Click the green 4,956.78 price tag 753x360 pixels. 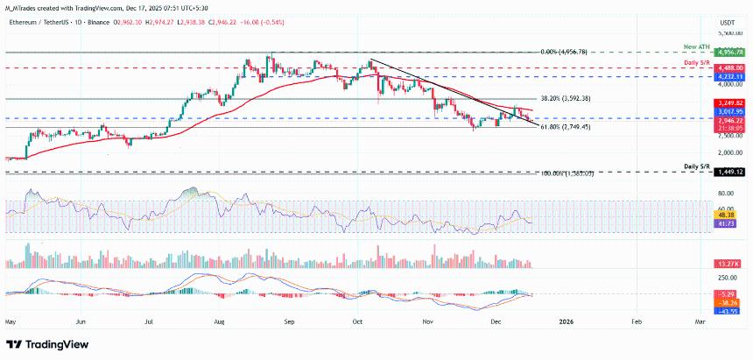point(728,53)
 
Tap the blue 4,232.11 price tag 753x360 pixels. point(728,77)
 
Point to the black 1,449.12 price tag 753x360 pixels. point(728,173)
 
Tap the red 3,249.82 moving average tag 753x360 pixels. point(728,103)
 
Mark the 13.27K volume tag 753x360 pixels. point(728,264)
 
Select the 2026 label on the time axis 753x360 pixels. point(566,322)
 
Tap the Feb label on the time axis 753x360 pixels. point(637,322)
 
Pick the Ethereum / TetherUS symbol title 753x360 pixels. point(35,13)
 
